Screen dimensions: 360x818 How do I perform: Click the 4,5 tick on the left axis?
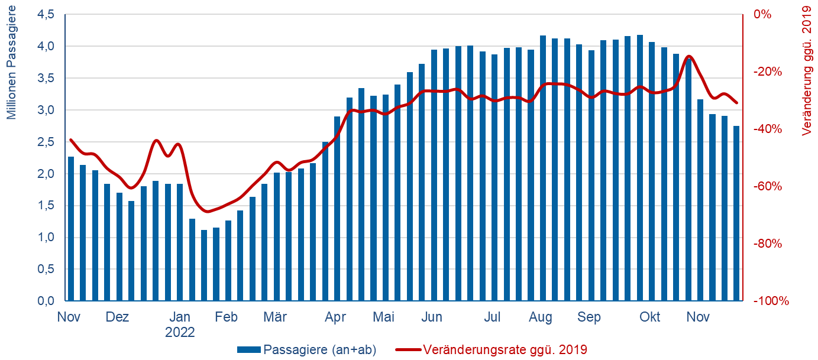click(x=45, y=14)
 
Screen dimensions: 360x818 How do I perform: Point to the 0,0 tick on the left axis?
click(x=45, y=301)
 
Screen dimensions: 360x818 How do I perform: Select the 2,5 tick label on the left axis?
click(x=45, y=142)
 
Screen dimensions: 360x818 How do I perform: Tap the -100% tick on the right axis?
click(x=771, y=301)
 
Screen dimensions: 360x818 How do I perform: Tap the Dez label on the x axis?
click(x=117, y=317)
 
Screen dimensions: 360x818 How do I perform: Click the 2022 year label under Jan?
click(x=180, y=332)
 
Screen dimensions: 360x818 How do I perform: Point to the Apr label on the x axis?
click(x=335, y=317)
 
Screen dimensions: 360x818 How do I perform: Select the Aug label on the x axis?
click(x=541, y=317)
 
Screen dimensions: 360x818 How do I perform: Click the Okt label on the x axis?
click(x=649, y=317)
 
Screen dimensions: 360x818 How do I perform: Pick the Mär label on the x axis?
click(x=275, y=317)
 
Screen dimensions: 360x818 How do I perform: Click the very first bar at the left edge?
click(x=71, y=229)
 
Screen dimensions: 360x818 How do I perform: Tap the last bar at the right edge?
click(x=736, y=213)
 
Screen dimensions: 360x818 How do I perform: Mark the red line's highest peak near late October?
click(x=689, y=56)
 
